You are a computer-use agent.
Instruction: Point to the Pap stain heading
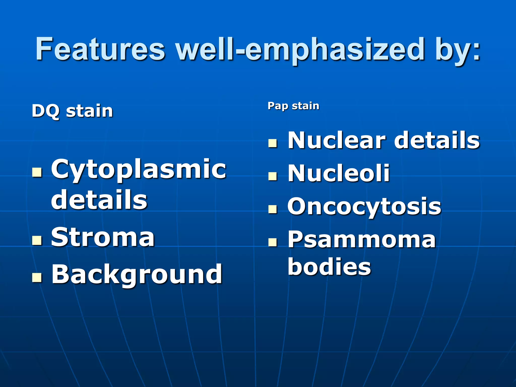[293, 106]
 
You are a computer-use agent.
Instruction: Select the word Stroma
[103, 237]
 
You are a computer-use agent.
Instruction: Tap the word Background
[137, 274]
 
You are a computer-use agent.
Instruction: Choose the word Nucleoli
[338, 173]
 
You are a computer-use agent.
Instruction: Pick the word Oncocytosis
[364, 206]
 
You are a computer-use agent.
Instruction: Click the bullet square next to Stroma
[37, 240]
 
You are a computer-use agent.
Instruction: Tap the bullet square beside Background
[37, 277]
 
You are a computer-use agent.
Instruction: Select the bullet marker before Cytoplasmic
[37, 173]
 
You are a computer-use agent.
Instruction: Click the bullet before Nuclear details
[273, 143]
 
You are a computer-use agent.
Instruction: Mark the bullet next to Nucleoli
[273, 176]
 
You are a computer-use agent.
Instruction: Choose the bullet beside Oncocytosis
[273, 209]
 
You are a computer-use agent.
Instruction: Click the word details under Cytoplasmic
[99, 200]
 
